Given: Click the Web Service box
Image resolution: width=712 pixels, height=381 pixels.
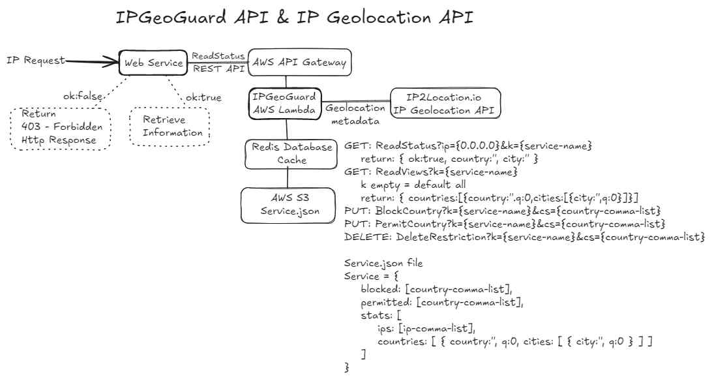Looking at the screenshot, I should click(154, 63).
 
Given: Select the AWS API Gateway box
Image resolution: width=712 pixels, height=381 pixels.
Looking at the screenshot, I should click(300, 63).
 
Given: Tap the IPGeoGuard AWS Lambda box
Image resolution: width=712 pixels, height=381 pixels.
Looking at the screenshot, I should click(285, 104).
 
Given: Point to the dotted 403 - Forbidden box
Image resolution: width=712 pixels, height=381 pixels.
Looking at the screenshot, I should click(61, 129).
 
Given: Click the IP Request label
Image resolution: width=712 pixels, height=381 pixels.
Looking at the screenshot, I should click(36, 61).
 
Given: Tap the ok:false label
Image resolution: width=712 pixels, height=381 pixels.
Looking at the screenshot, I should click(83, 97).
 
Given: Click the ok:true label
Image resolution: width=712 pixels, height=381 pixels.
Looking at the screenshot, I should click(203, 98).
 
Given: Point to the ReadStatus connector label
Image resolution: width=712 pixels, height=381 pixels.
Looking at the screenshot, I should click(218, 56).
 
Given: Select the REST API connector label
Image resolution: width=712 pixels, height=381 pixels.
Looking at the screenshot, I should click(217, 68).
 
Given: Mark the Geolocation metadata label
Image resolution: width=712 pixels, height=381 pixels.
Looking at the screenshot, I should click(355, 115).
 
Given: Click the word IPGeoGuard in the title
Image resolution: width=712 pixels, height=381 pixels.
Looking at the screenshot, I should click(171, 19).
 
